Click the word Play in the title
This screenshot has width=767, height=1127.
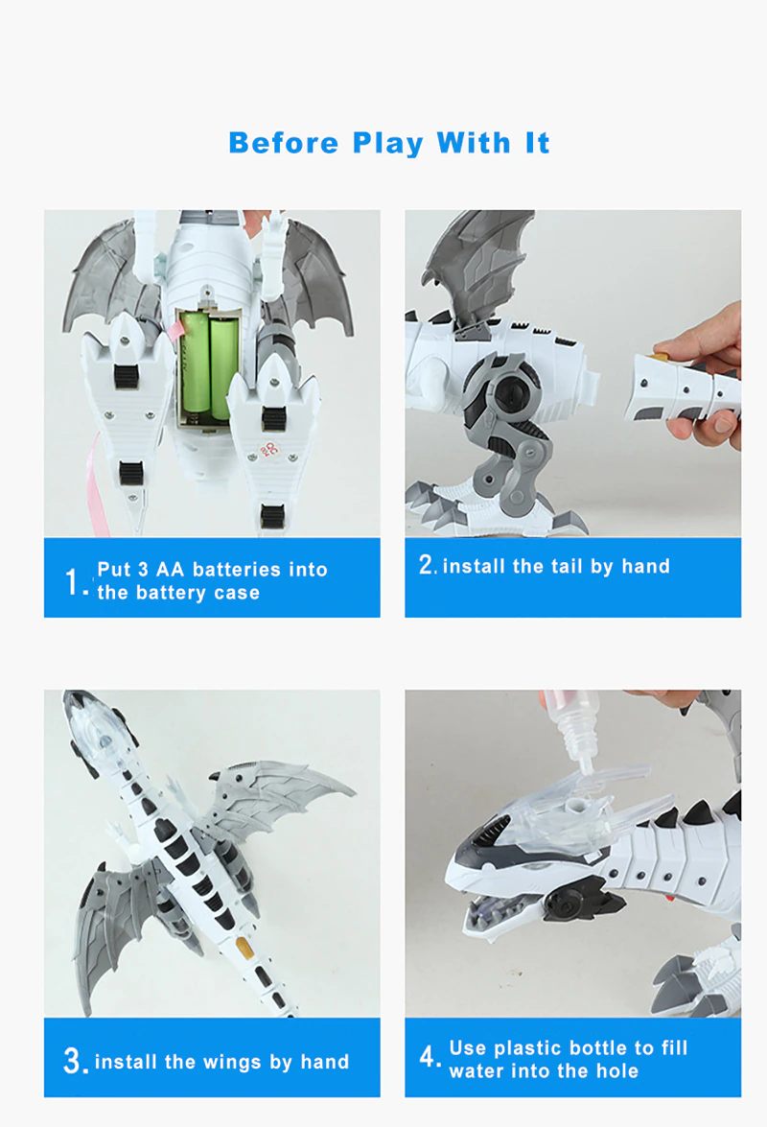point(387,144)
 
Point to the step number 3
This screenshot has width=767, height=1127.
point(75,1061)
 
